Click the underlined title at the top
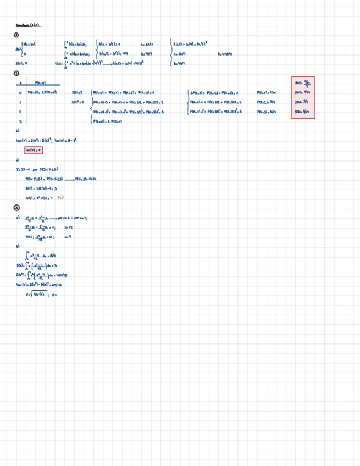(28, 25)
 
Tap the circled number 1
(16, 35)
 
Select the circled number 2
(16, 73)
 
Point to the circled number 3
(16, 207)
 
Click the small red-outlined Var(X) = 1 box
(33, 150)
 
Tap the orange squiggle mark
(61, 197)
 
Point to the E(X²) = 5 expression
(77, 102)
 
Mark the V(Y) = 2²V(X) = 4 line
(39, 197)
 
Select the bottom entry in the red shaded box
(303, 112)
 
